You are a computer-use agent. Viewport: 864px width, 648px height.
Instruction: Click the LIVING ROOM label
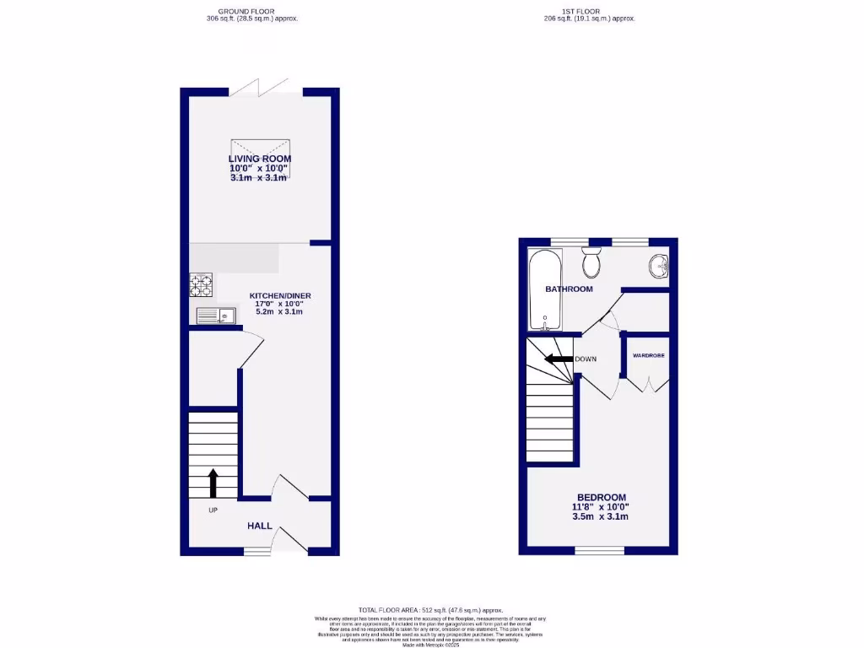pyautogui.click(x=260, y=159)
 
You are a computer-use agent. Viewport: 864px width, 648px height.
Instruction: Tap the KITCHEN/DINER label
pyautogui.click(x=280, y=295)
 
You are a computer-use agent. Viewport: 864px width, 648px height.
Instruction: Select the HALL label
pyautogui.click(x=260, y=526)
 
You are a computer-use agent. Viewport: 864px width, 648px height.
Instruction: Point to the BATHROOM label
pyautogui.click(x=569, y=289)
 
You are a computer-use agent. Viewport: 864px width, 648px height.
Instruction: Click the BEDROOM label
pyautogui.click(x=602, y=497)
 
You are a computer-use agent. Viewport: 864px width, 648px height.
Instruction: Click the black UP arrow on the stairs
pyautogui.click(x=213, y=483)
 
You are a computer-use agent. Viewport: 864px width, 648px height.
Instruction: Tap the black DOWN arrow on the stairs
pyautogui.click(x=558, y=359)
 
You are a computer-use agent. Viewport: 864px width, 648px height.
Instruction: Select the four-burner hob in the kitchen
pyautogui.click(x=201, y=285)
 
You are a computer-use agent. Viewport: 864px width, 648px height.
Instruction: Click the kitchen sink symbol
pyautogui.click(x=215, y=316)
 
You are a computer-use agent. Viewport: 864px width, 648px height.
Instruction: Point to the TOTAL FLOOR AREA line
pyautogui.click(x=430, y=610)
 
